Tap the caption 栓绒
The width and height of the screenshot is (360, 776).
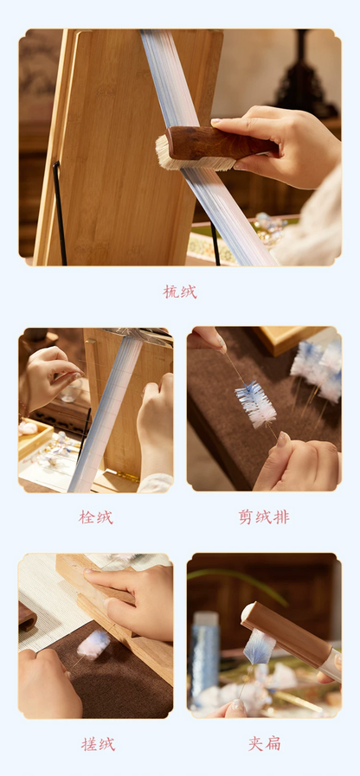point(95,517)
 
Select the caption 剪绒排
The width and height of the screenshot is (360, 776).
point(263,517)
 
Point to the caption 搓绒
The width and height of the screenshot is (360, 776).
point(98,744)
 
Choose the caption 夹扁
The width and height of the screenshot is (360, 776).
point(265,743)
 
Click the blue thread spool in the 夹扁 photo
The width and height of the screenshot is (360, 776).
point(205,648)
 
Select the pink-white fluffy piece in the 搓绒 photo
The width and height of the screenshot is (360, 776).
point(93,645)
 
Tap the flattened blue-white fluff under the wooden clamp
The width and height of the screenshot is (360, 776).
point(259,647)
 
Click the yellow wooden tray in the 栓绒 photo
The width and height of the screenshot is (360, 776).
point(35,437)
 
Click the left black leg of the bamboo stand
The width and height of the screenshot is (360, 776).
point(60,213)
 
